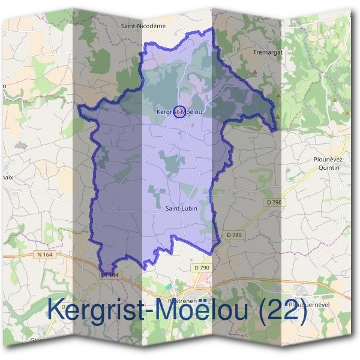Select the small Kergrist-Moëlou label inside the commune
[x=178, y=112]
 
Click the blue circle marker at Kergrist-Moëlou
[x=179, y=112]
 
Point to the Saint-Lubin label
[x=181, y=208]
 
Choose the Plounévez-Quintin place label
[x=326, y=163]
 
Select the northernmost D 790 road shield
[x=276, y=202]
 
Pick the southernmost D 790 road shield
[x=202, y=267]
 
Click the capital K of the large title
[x=56, y=310]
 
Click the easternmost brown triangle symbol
[x=334, y=95]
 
